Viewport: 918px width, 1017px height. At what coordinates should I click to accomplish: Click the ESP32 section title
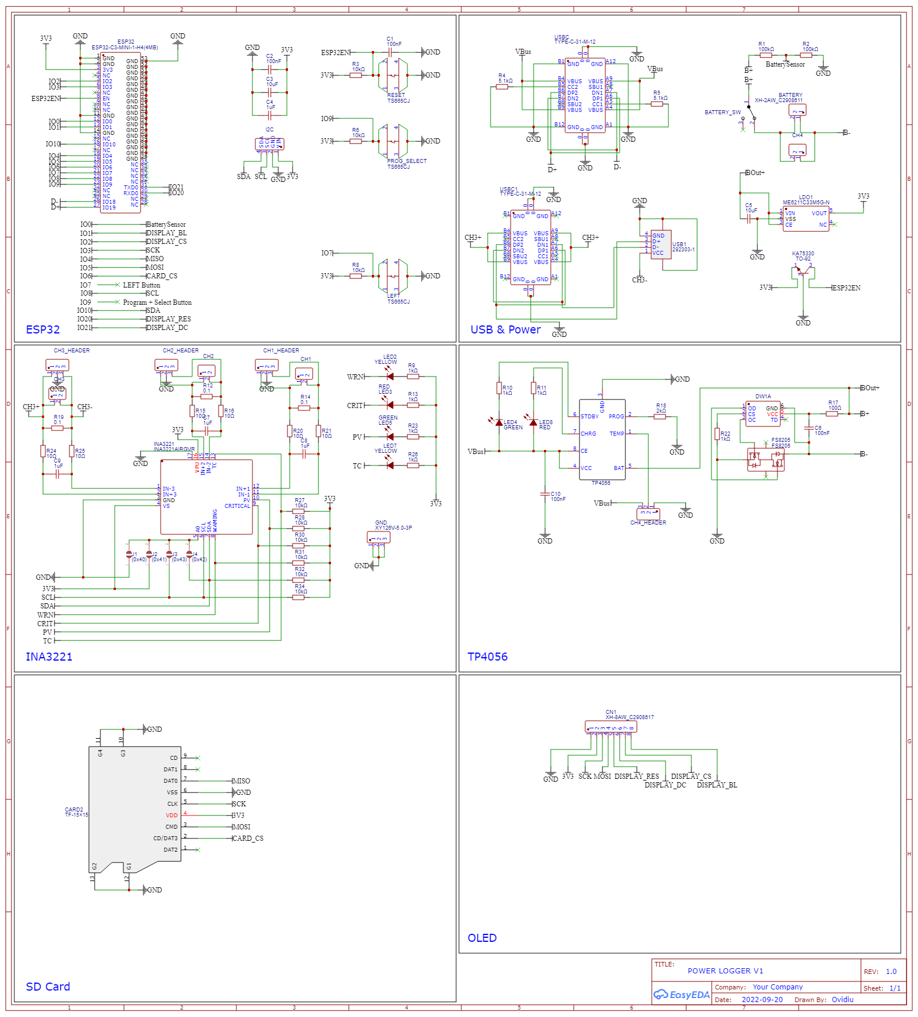(43, 329)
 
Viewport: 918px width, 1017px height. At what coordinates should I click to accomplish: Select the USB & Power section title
(505, 329)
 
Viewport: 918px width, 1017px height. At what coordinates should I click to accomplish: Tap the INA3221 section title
(49, 657)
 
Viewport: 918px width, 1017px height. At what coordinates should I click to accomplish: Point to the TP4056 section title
(487, 657)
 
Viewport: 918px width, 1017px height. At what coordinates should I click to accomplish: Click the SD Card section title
(48, 987)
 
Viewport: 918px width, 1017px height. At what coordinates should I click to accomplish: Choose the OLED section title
(482, 938)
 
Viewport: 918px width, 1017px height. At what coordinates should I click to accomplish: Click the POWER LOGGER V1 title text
(725, 971)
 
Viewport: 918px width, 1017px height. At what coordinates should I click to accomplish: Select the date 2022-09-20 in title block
(762, 999)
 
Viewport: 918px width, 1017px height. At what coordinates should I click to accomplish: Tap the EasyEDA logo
(682, 995)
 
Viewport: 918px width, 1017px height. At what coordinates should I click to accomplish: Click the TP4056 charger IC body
(602, 440)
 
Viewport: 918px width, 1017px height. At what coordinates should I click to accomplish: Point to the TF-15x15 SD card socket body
(135, 803)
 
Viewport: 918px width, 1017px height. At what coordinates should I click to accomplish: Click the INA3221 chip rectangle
(206, 497)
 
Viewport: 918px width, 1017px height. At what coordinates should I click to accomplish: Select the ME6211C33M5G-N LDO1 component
(806, 219)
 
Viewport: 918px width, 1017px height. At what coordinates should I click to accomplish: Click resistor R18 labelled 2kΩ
(660, 417)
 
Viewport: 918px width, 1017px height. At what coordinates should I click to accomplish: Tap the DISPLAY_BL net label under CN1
(717, 785)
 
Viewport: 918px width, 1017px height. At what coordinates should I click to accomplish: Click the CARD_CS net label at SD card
(248, 839)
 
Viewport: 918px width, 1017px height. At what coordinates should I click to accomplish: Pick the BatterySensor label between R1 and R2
(785, 64)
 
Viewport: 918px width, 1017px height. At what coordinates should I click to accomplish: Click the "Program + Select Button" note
(157, 302)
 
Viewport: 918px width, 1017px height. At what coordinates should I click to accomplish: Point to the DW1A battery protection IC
(763, 414)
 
